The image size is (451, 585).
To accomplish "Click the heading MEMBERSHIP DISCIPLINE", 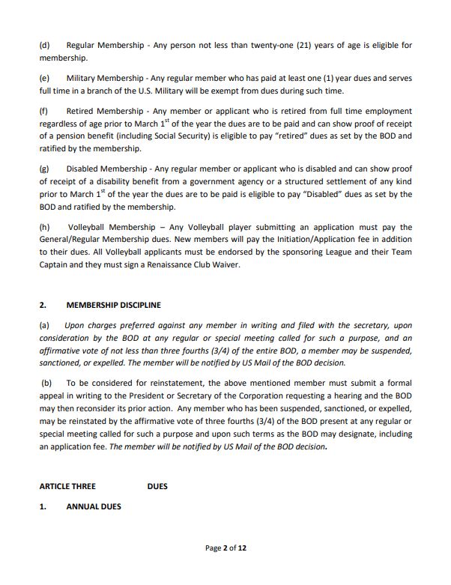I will [x=113, y=305].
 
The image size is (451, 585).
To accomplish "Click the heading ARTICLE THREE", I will [x=67, y=486].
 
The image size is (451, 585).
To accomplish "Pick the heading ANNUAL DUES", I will [x=94, y=506].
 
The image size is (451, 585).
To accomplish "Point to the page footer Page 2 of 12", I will [x=225, y=548].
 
